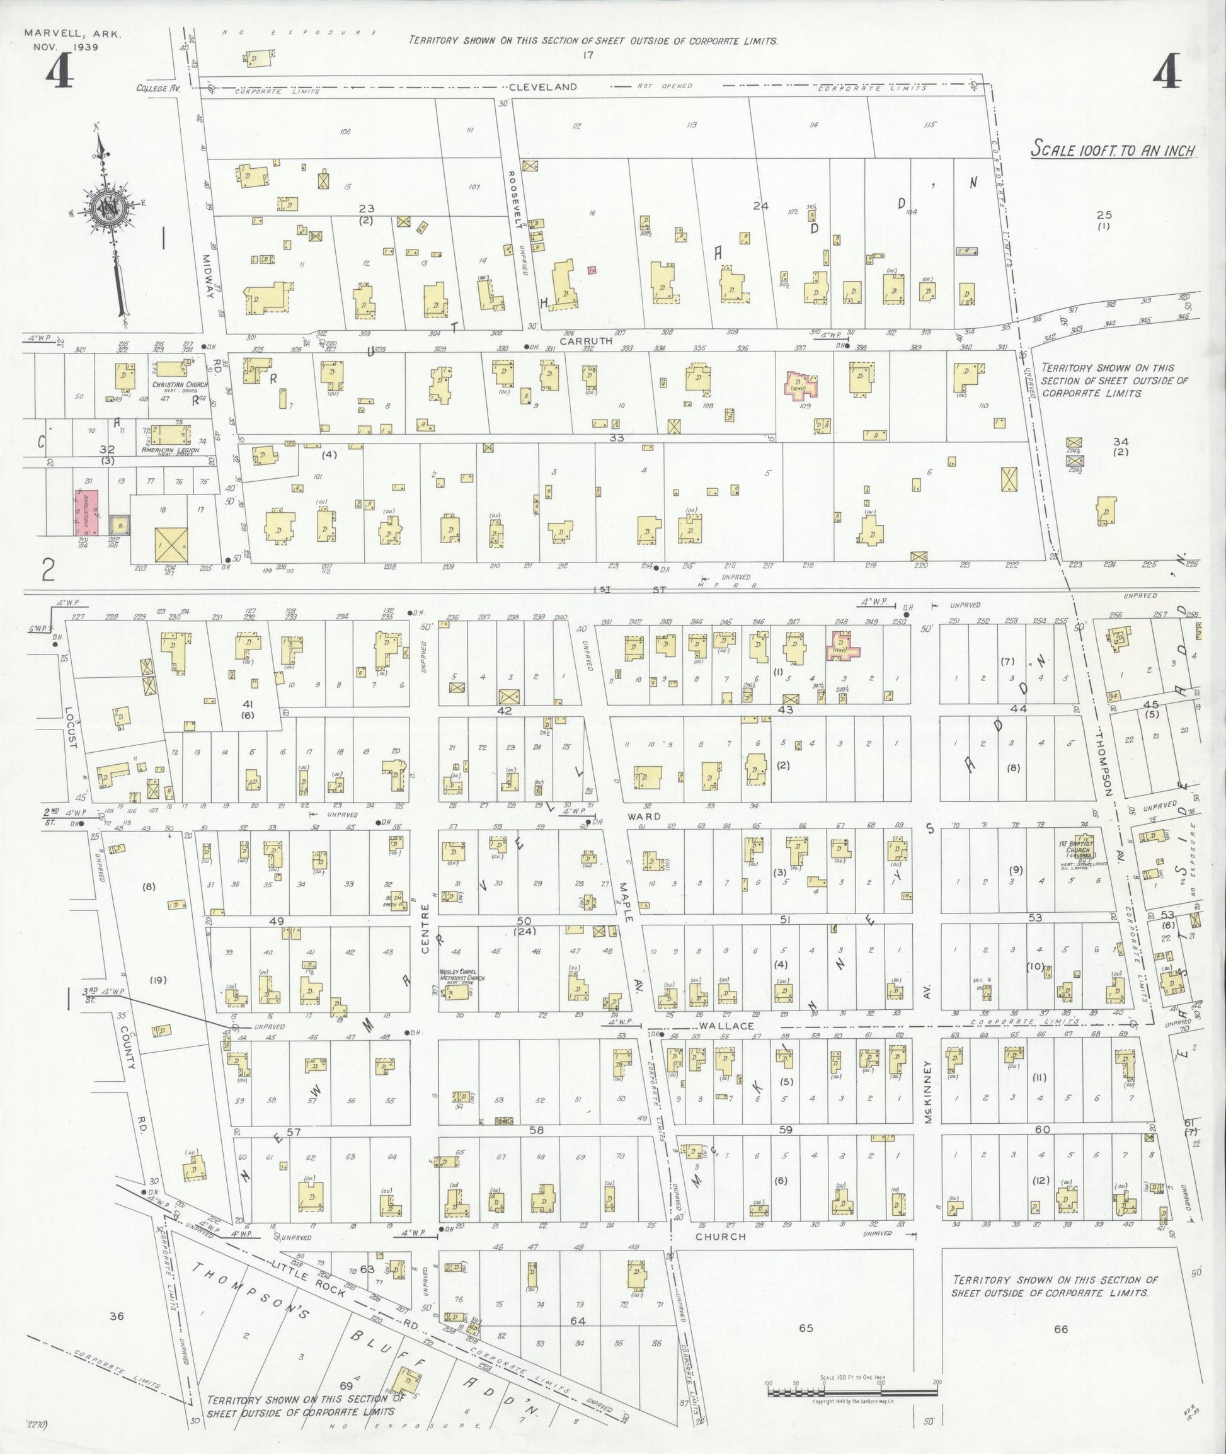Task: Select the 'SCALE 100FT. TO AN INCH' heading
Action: coord(1113,149)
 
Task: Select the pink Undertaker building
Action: coord(86,513)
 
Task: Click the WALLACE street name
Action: coord(726,1026)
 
